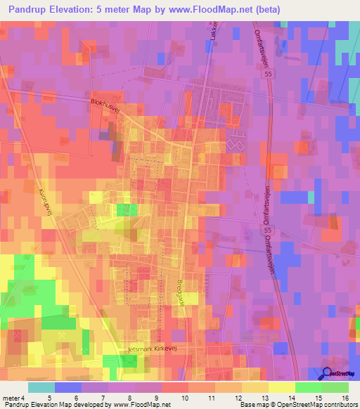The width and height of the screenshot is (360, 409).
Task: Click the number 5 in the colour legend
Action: pyautogui.click(x=49, y=397)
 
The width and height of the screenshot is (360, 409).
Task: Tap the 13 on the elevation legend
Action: pyautogui.click(x=264, y=397)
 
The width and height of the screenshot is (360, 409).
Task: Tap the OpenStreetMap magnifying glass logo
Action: pyautogui.click(x=328, y=375)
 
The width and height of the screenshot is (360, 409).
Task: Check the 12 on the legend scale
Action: pyautogui.click(x=237, y=397)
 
